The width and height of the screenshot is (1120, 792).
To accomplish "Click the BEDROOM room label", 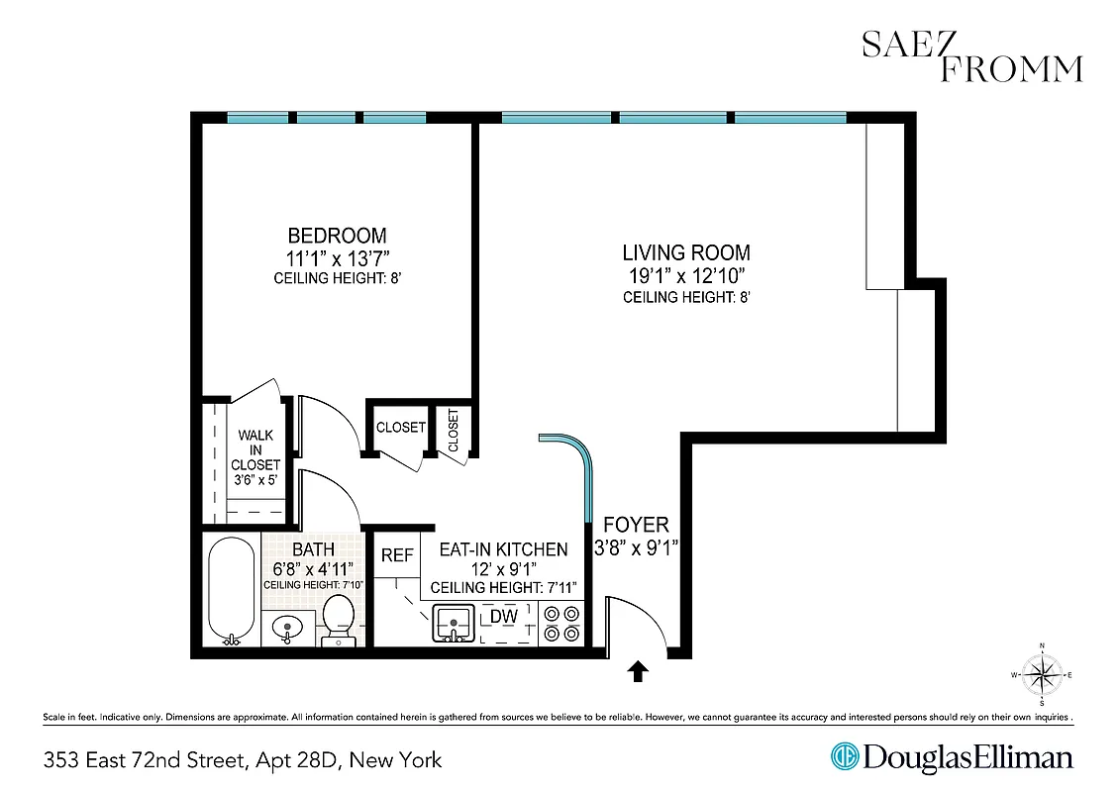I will [x=337, y=236].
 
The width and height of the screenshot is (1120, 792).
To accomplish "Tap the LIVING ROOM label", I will [x=685, y=252].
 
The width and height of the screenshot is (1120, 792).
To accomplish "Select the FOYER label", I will [x=636, y=525].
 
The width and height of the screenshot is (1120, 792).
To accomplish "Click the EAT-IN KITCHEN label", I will [x=503, y=549].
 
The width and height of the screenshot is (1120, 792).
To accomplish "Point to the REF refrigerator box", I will [x=397, y=556].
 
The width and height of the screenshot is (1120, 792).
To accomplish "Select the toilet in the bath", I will [x=340, y=618].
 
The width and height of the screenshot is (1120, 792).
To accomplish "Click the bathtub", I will [x=230, y=591].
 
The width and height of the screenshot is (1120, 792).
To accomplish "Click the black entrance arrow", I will [x=638, y=673].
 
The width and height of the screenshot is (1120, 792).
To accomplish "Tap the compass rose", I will [x=1041, y=675].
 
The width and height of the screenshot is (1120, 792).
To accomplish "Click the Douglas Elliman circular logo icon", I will [x=846, y=757].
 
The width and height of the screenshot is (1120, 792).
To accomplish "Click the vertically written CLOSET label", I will [x=454, y=431].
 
